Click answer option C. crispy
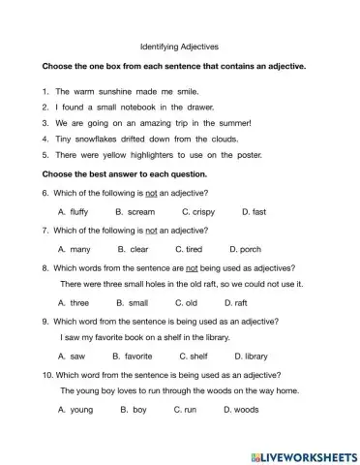pyautogui.click(x=198, y=210)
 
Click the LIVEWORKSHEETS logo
pyautogui.click(x=304, y=453)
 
